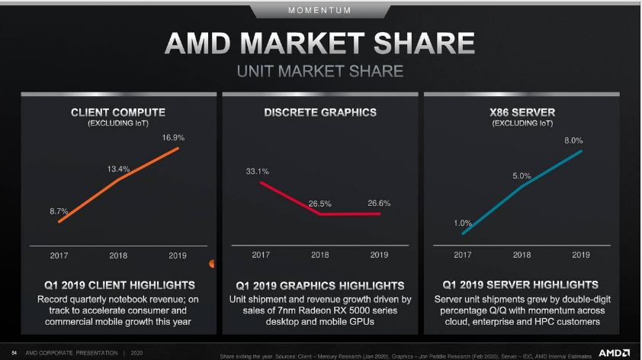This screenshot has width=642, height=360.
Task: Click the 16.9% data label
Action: pos(174,138)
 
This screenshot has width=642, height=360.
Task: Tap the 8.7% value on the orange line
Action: pos(59,211)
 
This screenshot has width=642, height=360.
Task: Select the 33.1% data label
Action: pos(257,172)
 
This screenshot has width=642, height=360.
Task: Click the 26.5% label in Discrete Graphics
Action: pos(320,204)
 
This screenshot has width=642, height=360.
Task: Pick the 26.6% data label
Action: pos(379,203)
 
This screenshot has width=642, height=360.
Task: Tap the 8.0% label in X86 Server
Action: pos(573,140)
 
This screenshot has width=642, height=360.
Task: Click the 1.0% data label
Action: pos(463,223)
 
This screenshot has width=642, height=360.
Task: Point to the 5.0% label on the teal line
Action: pos(522,176)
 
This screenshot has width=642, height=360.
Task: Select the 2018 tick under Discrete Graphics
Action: pos(320,255)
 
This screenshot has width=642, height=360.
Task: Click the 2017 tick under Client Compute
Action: pos(59,255)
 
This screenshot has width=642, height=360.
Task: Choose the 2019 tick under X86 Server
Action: pos(581,255)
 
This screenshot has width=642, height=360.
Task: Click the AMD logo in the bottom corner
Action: pos(614,352)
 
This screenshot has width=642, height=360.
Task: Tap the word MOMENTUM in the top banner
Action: pos(320,11)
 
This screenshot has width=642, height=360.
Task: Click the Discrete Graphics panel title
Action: pos(320,112)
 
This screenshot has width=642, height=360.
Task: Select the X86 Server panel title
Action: pos(522,112)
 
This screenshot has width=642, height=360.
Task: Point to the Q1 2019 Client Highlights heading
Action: pos(117,285)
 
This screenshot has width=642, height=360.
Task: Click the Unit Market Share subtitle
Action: pos(320,72)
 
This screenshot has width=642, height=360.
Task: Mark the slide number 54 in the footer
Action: pos(14,353)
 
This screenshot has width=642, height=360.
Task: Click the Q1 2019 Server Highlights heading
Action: pos(522,285)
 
